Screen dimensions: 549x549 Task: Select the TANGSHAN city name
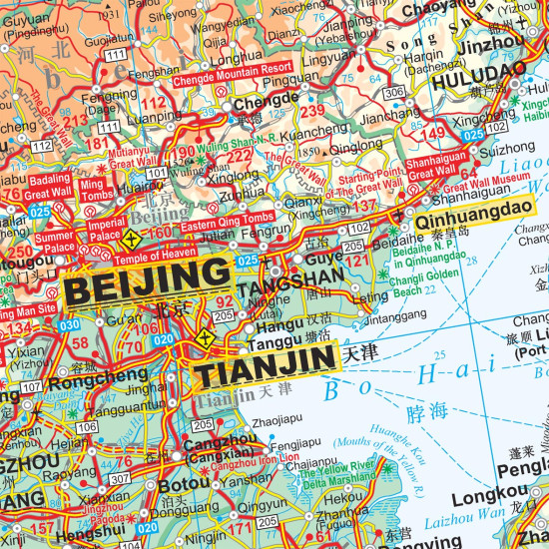pos(304,279)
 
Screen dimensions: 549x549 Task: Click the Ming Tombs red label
pos(91,190)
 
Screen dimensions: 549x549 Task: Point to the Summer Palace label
pos(55,242)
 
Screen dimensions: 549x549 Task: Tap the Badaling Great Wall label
pos(47,186)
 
